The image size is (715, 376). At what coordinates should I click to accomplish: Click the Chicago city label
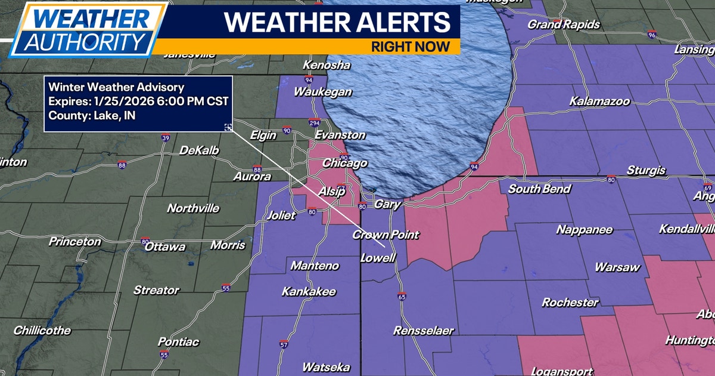point(344,164)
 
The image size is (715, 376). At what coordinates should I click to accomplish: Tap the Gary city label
point(386,205)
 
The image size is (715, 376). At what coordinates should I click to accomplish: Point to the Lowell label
point(378,258)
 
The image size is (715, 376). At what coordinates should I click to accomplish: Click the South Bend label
point(539,189)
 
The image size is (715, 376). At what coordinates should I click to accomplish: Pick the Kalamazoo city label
point(599,101)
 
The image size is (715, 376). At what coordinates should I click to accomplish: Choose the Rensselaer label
point(423,330)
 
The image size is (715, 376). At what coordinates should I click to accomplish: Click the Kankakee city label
point(309,292)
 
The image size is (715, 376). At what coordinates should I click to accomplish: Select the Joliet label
point(281,215)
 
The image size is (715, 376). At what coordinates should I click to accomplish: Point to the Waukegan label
point(322,93)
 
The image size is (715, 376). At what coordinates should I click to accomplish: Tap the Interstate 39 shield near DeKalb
point(165,138)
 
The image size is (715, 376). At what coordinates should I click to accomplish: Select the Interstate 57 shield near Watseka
point(284,344)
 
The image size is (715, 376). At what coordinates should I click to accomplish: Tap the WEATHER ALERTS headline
point(337,22)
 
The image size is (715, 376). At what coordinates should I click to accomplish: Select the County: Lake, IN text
point(92,115)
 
